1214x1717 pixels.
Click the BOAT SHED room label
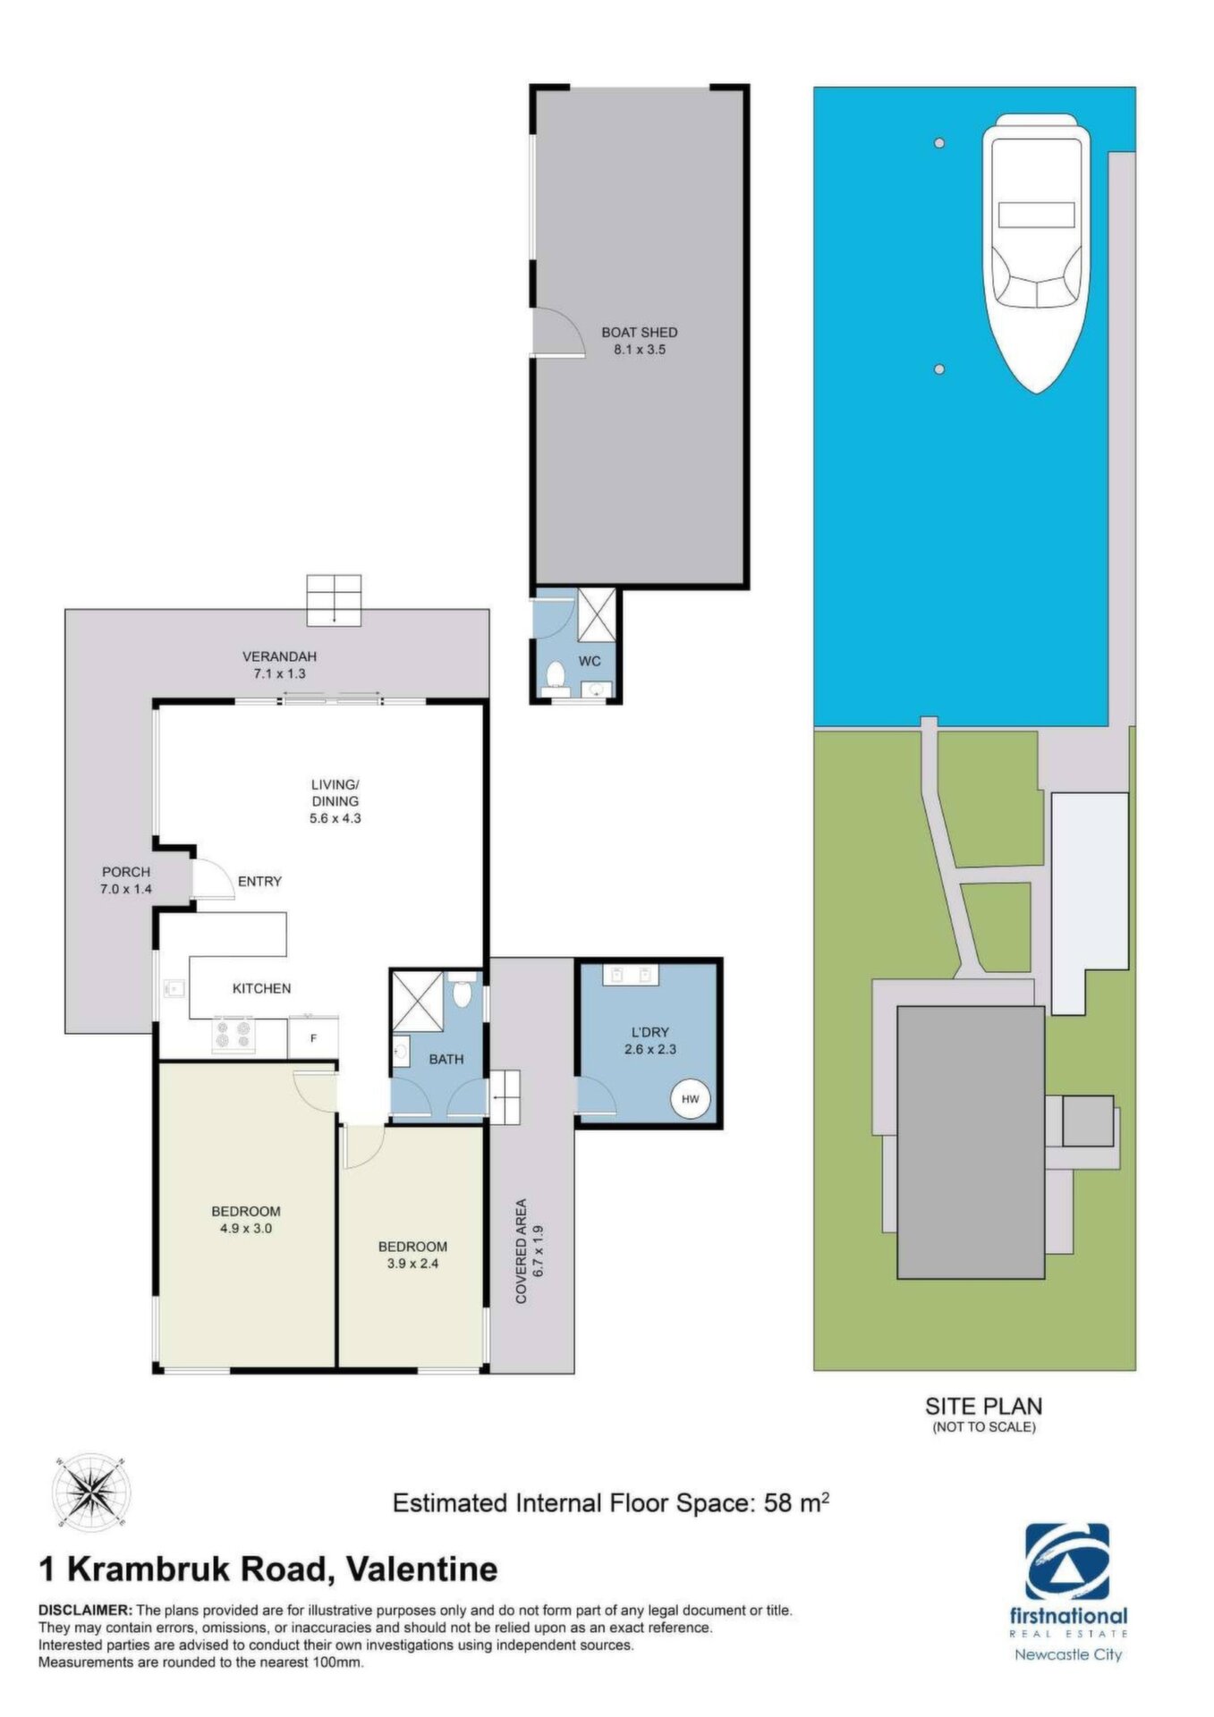pyautogui.click(x=639, y=332)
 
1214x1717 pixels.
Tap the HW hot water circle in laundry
pyautogui.click(x=691, y=1099)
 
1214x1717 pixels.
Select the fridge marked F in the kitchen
pyautogui.click(x=313, y=1037)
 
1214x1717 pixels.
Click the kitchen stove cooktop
pyautogui.click(x=233, y=1036)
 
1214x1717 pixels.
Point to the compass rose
pyautogui.click(x=90, y=1492)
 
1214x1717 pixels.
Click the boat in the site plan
pyautogui.click(x=1037, y=253)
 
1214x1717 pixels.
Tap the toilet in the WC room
pyautogui.click(x=556, y=675)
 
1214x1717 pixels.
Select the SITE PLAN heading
pyautogui.click(x=984, y=1406)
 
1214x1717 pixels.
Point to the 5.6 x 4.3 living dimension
pyautogui.click(x=335, y=817)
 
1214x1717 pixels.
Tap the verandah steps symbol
pyautogui.click(x=335, y=600)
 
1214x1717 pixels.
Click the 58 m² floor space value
pyautogui.click(x=796, y=1502)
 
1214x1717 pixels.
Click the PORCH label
pyautogui.click(x=126, y=872)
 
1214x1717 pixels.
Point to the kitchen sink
pyautogui.click(x=174, y=989)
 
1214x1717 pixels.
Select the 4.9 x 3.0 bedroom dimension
pyautogui.click(x=246, y=1228)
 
